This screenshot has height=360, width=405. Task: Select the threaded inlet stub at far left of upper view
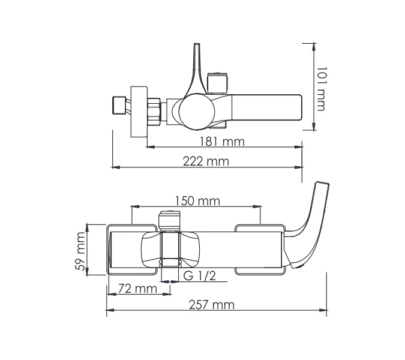pyautogui.click(x=121, y=107)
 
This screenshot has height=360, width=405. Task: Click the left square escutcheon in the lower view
pyautogui.click(x=123, y=250)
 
